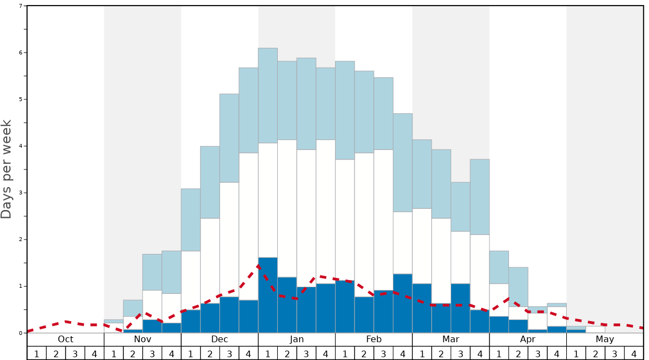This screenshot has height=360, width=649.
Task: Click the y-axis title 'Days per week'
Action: [7, 169]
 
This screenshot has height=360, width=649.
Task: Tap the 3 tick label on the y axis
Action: [21, 193]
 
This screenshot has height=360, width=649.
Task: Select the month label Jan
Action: [297, 339]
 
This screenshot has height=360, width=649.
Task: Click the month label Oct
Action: [66, 339]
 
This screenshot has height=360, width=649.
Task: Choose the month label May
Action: [605, 339]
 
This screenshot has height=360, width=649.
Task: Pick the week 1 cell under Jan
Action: [268, 353]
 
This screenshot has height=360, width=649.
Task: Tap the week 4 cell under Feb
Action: [403, 353]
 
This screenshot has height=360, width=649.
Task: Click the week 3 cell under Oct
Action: [75, 353]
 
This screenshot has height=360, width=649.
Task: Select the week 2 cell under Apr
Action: [518, 353]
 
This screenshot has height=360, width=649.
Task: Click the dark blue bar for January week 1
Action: [268, 295]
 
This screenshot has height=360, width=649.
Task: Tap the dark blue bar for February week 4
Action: [403, 303]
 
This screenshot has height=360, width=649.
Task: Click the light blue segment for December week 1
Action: [191, 219]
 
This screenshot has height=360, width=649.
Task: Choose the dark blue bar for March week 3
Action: [461, 308]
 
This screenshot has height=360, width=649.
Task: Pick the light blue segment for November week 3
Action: [152, 272]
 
